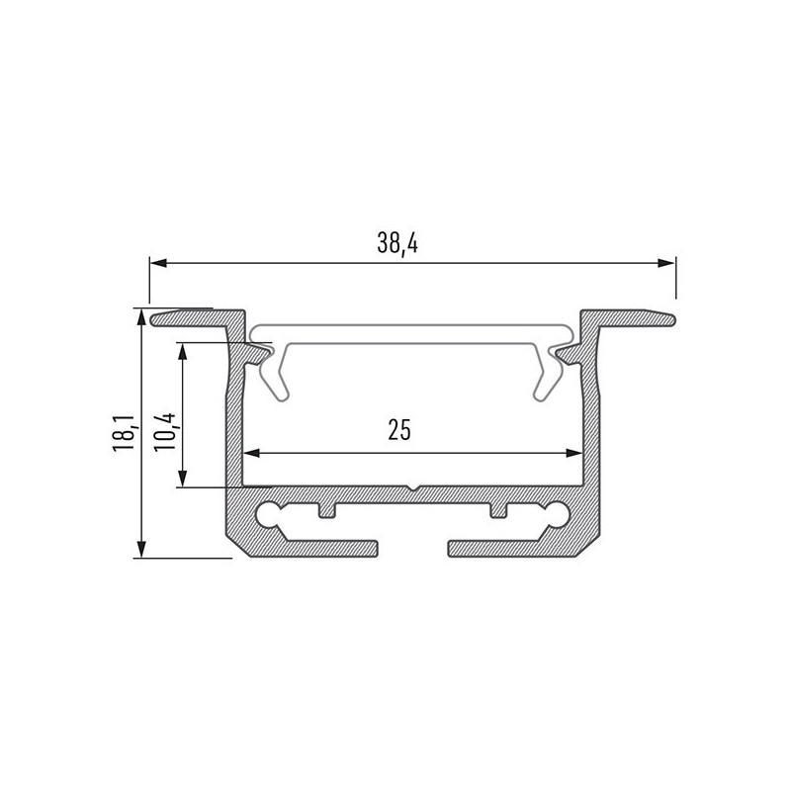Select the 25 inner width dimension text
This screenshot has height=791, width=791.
[x=399, y=429]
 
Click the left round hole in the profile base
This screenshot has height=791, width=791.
[x=266, y=512]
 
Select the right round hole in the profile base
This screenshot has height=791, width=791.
[x=559, y=512]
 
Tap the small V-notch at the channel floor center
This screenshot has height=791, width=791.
[x=411, y=488]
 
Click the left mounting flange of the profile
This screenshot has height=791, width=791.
[x=198, y=317]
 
